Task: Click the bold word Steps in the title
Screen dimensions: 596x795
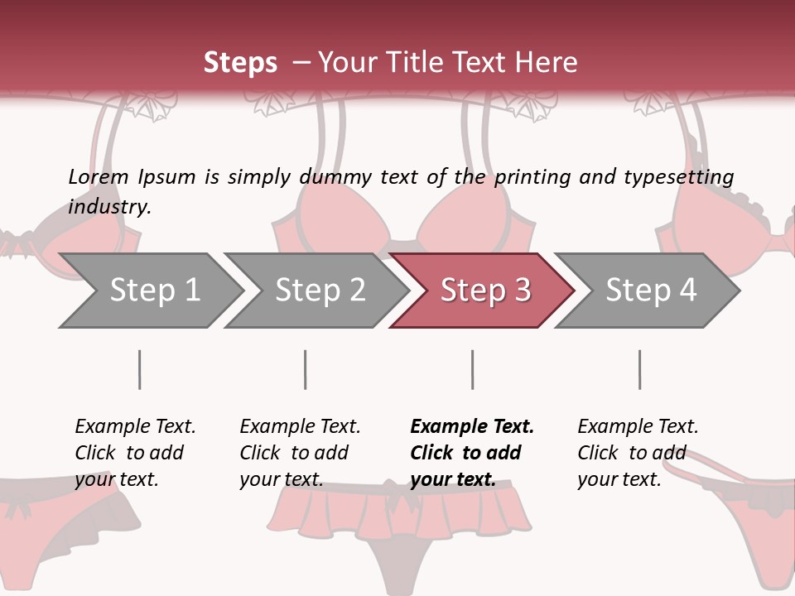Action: [x=240, y=63]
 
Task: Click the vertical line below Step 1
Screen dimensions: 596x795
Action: [x=139, y=369]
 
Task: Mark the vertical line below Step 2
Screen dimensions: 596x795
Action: [x=306, y=369]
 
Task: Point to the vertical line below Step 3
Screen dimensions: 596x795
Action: [x=472, y=369]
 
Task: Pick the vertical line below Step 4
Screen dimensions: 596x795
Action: [x=639, y=369]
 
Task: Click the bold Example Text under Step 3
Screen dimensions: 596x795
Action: [x=472, y=427]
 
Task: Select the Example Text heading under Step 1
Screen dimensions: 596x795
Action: [x=135, y=427]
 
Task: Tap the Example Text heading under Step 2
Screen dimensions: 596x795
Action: [x=300, y=427]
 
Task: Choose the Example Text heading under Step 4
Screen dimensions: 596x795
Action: [x=638, y=427]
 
